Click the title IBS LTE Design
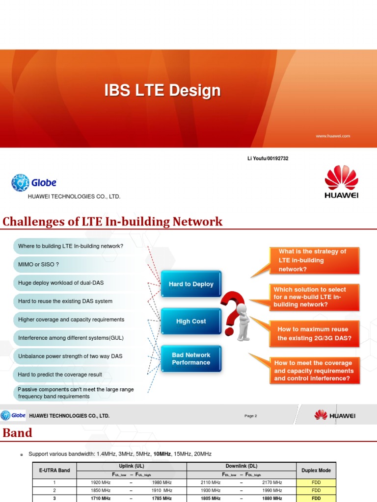point(162,91)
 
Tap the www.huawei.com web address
point(333,136)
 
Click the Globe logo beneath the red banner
point(34,182)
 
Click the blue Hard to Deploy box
point(191,284)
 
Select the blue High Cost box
point(191,322)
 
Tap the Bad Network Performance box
point(191,359)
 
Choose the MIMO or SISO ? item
point(38,265)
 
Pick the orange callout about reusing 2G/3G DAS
point(313,334)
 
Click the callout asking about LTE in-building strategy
point(313,260)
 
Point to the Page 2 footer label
point(251,416)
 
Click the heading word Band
point(18,433)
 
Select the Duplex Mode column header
point(316,470)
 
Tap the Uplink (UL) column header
point(131,466)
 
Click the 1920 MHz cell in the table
point(101,482)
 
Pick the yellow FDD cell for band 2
point(316,490)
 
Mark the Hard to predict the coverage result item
point(60,375)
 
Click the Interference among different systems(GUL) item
point(71,338)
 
